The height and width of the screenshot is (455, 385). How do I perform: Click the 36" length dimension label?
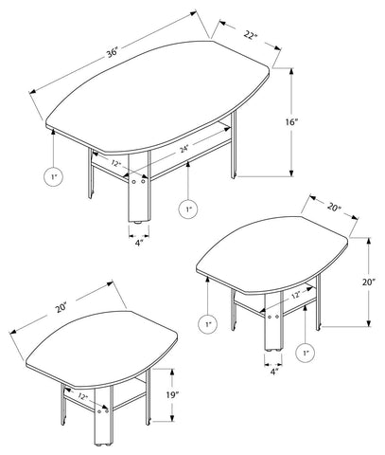click(x=113, y=52)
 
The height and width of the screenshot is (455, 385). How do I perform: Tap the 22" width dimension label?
click(x=251, y=35)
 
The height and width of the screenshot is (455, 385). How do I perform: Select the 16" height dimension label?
click(x=291, y=121)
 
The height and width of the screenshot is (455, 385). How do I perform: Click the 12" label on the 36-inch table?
click(x=116, y=163)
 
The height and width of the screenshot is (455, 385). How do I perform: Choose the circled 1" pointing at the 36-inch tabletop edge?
click(x=54, y=176)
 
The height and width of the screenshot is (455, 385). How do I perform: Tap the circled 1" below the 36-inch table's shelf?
click(x=188, y=209)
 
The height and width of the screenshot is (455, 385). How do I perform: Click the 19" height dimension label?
click(x=172, y=394)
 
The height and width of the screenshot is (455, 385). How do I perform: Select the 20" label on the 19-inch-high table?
click(x=61, y=308)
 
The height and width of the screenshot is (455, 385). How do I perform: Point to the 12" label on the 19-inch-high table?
click(x=83, y=396)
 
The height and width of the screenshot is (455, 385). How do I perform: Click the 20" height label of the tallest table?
click(x=368, y=282)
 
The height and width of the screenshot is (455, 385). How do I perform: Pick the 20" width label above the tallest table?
click(x=334, y=208)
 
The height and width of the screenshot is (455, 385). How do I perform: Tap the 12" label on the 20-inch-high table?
click(x=295, y=296)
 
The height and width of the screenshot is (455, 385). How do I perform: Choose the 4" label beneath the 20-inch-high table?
click(x=273, y=372)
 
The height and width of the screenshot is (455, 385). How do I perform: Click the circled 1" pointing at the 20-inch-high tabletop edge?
click(x=208, y=323)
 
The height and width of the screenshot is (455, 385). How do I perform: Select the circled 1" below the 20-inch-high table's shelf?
click(x=306, y=353)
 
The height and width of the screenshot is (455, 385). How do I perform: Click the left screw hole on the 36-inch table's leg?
click(x=134, y=182)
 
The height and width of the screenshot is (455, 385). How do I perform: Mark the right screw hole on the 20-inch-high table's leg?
click(x=277, y=317)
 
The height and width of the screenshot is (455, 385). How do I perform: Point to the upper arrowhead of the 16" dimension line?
click(x=292, y=71)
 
